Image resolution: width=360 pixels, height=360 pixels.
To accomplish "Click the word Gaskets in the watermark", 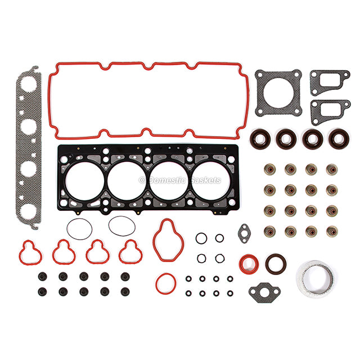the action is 205,180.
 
